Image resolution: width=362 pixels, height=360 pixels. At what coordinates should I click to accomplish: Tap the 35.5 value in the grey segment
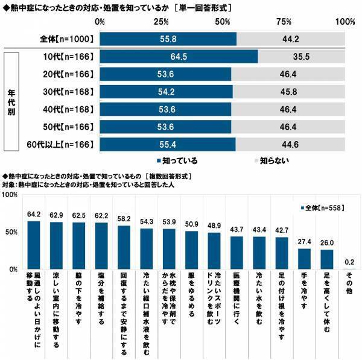pyautogui.click(x=302, y=57)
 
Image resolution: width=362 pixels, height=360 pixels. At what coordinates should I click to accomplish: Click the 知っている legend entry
pyautogui.click(x=180, y=161)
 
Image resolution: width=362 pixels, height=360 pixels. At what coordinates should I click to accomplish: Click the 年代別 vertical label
pyautogui.click(x=11, y=102)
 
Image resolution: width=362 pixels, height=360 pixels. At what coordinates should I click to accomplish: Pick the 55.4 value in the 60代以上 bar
pyautogui.click(x=167, y=145)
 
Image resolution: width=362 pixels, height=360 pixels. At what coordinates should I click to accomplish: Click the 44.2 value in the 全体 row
pyautogui.click(x=291, y=37)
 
